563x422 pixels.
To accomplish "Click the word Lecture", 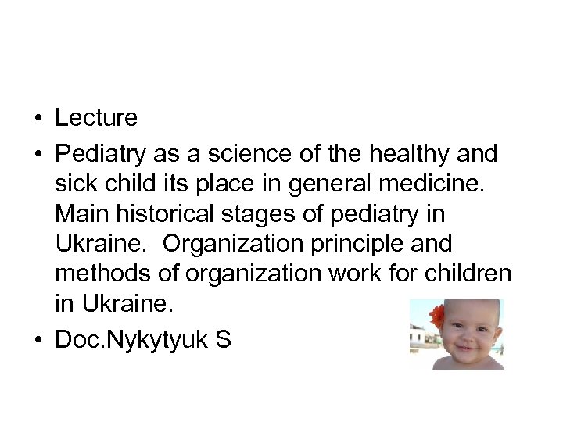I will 96,119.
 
